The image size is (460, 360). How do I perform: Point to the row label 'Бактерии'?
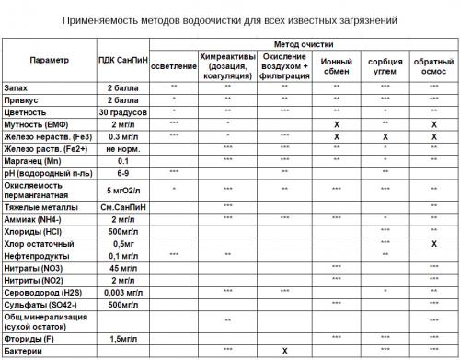pyautogui.click(x=25, y=350)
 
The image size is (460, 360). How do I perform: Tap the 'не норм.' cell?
pyautogui.click(x=121, y=146)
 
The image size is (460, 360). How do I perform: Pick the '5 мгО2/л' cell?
pyautogui.click(x=121, y=188)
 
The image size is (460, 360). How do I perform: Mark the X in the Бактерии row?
pyautogui.click(x=285, y=350)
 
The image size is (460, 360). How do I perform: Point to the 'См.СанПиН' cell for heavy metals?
pyautogui.click(x=121, y=206)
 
